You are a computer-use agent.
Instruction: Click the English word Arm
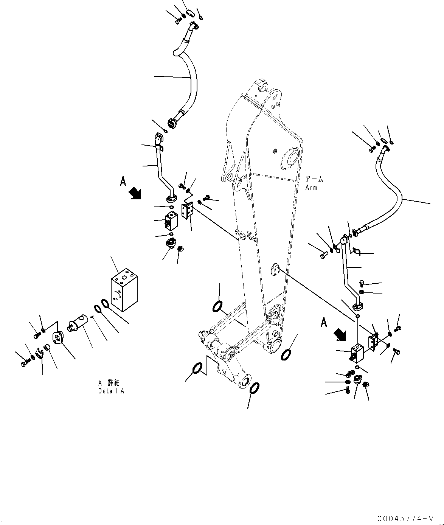(x=311, y=188)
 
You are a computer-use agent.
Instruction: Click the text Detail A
(x=111, y=391)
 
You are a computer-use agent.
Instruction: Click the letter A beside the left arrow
(x=123, y=182)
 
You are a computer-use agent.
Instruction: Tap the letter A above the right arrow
(x=324, y=322)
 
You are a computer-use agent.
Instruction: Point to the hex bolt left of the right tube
(x=324, y=256)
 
